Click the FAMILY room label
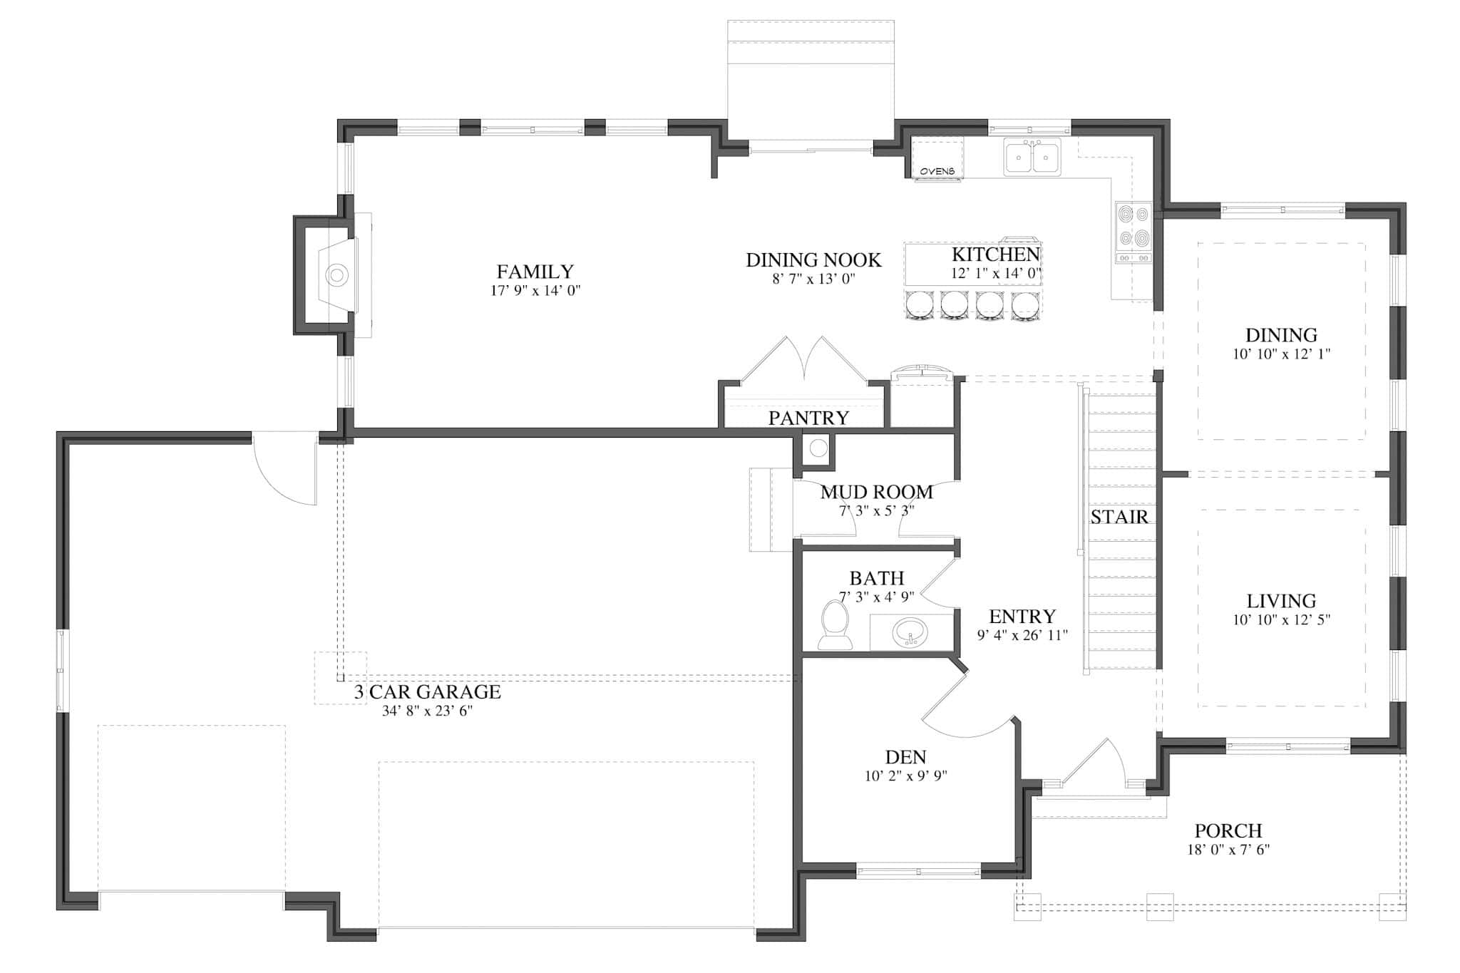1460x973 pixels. [535, 272]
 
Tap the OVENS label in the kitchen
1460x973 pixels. [937, 171]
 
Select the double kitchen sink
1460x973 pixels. [1032, 157]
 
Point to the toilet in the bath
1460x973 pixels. [835, 625]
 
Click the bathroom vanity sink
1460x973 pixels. [910, 632]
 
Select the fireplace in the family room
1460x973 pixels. [335, 274]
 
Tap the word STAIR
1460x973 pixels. [1119, 517]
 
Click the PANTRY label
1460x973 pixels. [808, 418]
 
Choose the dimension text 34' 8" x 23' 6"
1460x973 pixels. [427, 711]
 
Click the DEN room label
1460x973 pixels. [905, 757]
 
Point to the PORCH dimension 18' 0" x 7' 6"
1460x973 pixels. [1228, 850]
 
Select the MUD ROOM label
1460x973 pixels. [876, 492]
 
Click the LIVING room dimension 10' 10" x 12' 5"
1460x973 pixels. [1281, 620]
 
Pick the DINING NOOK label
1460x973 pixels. [813, 260]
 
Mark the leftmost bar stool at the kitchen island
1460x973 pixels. [918, 305]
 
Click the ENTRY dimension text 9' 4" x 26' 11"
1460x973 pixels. [1022, 635]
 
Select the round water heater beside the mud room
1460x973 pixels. [818, 448]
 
